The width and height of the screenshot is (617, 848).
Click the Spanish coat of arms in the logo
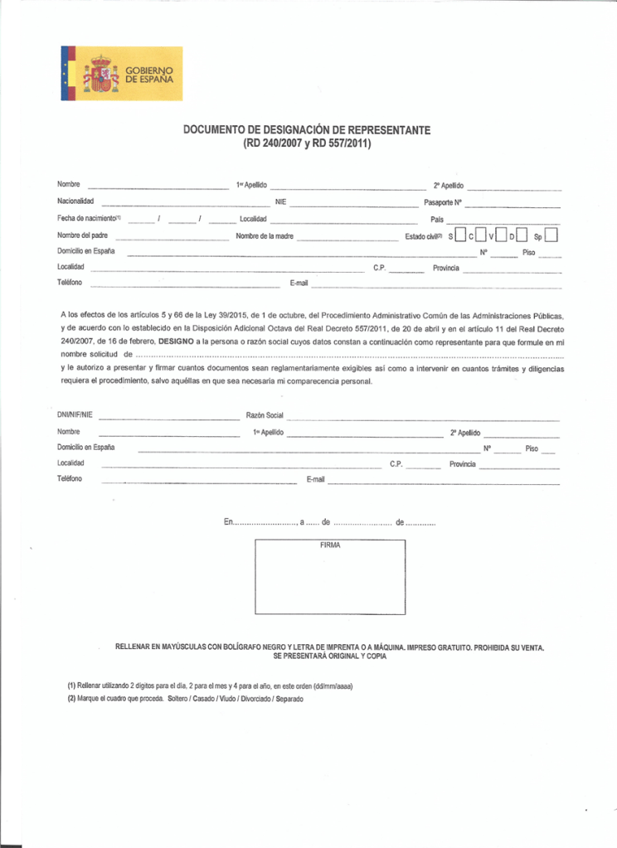point(100,74)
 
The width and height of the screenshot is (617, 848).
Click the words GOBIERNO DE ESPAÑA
point(149,74)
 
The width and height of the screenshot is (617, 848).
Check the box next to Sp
point(551,235)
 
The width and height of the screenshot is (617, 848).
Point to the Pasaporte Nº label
point(442,202)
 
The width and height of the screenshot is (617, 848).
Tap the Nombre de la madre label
point(265,235)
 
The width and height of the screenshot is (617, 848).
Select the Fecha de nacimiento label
point(89,219)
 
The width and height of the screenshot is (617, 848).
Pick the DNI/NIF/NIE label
point(75,414)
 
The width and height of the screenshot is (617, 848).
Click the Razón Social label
point(265,414)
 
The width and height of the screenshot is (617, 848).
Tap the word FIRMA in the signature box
point(330,546)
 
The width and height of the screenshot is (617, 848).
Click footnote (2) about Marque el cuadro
point(185,698)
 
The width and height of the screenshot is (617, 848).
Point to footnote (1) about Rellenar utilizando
point(209,686)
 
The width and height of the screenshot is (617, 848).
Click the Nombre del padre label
point(82,235)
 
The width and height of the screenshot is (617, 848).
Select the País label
point(437,219)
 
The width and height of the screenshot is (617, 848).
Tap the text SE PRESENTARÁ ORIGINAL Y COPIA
point(329,655)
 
